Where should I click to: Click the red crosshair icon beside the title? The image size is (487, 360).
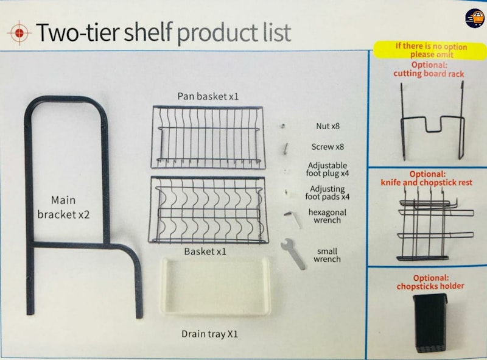point(19,33)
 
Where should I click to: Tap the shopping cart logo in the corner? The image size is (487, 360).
point(475,18)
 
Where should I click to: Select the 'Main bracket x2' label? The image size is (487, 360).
point(63,207)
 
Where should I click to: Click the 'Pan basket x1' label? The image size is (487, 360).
point(208,96)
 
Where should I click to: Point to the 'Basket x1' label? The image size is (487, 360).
point(205,251)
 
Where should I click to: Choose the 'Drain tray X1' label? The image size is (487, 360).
point(209,334)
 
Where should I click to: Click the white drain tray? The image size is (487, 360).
point(215,286)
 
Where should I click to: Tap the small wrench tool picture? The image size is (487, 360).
point(293,254)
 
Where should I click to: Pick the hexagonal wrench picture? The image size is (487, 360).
point(293,219)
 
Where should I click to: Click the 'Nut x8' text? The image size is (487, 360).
point(328,126)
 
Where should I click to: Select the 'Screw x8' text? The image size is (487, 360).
point(328,146)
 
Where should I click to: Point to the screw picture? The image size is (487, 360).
point(285,148)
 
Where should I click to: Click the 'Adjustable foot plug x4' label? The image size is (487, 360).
point(328,169)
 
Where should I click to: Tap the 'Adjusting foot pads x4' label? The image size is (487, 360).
point(328,192)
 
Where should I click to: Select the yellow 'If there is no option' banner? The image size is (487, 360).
point(430,50)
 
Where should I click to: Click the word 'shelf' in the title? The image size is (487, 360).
point(148,32)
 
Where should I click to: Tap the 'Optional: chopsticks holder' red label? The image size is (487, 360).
point(430,282)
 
